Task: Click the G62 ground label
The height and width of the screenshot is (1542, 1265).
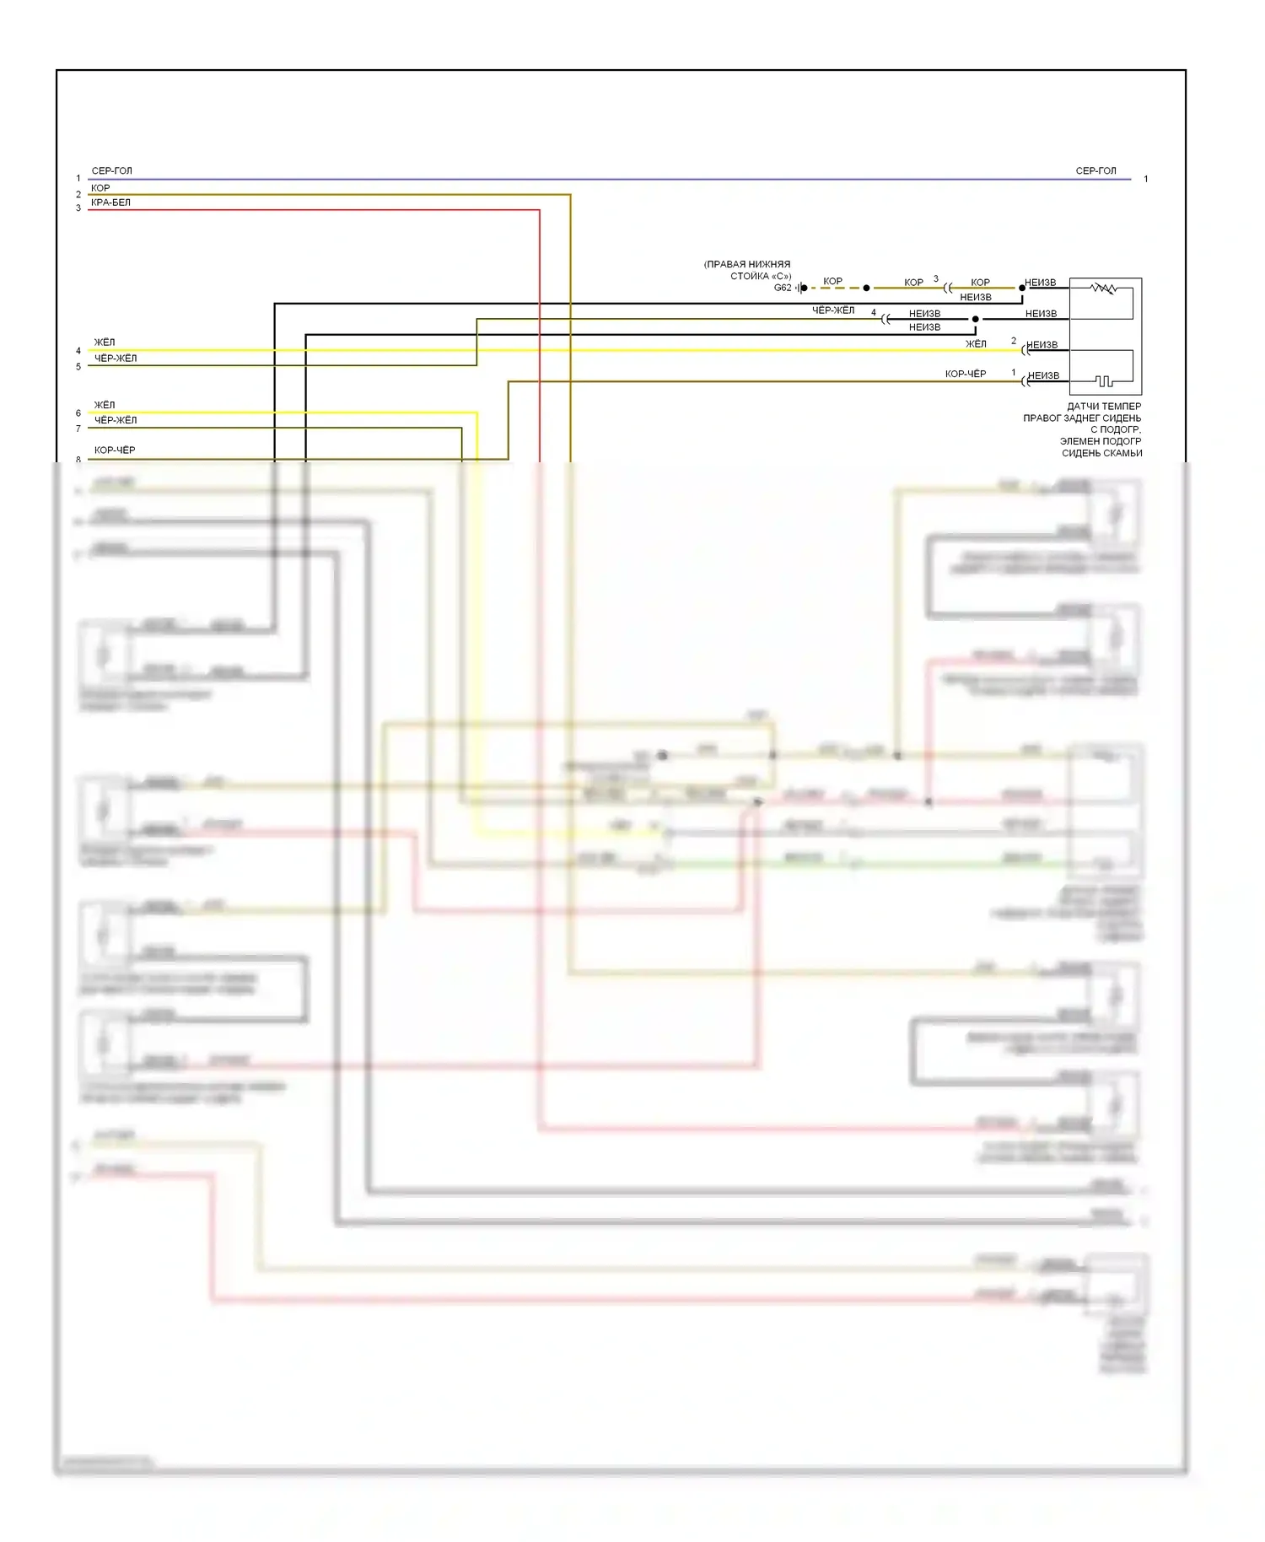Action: pos(783,288)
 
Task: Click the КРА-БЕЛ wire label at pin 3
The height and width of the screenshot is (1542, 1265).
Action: pos(110,202)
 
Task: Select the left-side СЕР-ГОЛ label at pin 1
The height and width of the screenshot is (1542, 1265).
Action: pos(111,171)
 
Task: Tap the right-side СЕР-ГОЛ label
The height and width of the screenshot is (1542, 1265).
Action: pos(1095,171)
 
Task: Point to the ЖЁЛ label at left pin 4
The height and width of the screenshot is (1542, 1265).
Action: pos(105,342)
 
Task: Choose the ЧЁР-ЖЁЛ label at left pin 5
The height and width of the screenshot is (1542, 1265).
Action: pos(116,359)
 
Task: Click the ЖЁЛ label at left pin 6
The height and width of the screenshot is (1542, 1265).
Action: pos(105,405)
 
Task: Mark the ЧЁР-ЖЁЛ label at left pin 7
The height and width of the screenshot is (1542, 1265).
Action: pos(116,420)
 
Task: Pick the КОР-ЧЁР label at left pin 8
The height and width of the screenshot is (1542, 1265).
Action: pos(115,450)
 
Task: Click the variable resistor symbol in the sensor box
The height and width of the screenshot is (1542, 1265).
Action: pos(1103,288)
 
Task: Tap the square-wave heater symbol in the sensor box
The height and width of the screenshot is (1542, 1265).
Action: pos(1104,381)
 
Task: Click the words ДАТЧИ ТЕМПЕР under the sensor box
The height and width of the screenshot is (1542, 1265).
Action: pos(1104,407)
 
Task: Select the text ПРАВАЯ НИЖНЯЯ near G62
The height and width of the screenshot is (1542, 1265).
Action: pos(747,264)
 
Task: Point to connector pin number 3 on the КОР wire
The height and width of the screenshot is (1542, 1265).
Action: pos(935,279)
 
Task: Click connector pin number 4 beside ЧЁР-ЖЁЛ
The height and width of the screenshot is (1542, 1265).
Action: pos(874,313)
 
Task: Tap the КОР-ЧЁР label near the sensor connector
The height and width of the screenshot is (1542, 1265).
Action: pos(966,374)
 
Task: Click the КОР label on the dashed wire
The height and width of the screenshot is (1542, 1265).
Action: pos(832,282)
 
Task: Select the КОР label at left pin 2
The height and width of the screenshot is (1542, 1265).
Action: pos(100,188)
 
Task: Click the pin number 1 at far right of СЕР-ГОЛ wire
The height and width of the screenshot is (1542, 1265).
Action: pos(1145,179)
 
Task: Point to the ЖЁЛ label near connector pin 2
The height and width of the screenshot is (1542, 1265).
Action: pos(976,344)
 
